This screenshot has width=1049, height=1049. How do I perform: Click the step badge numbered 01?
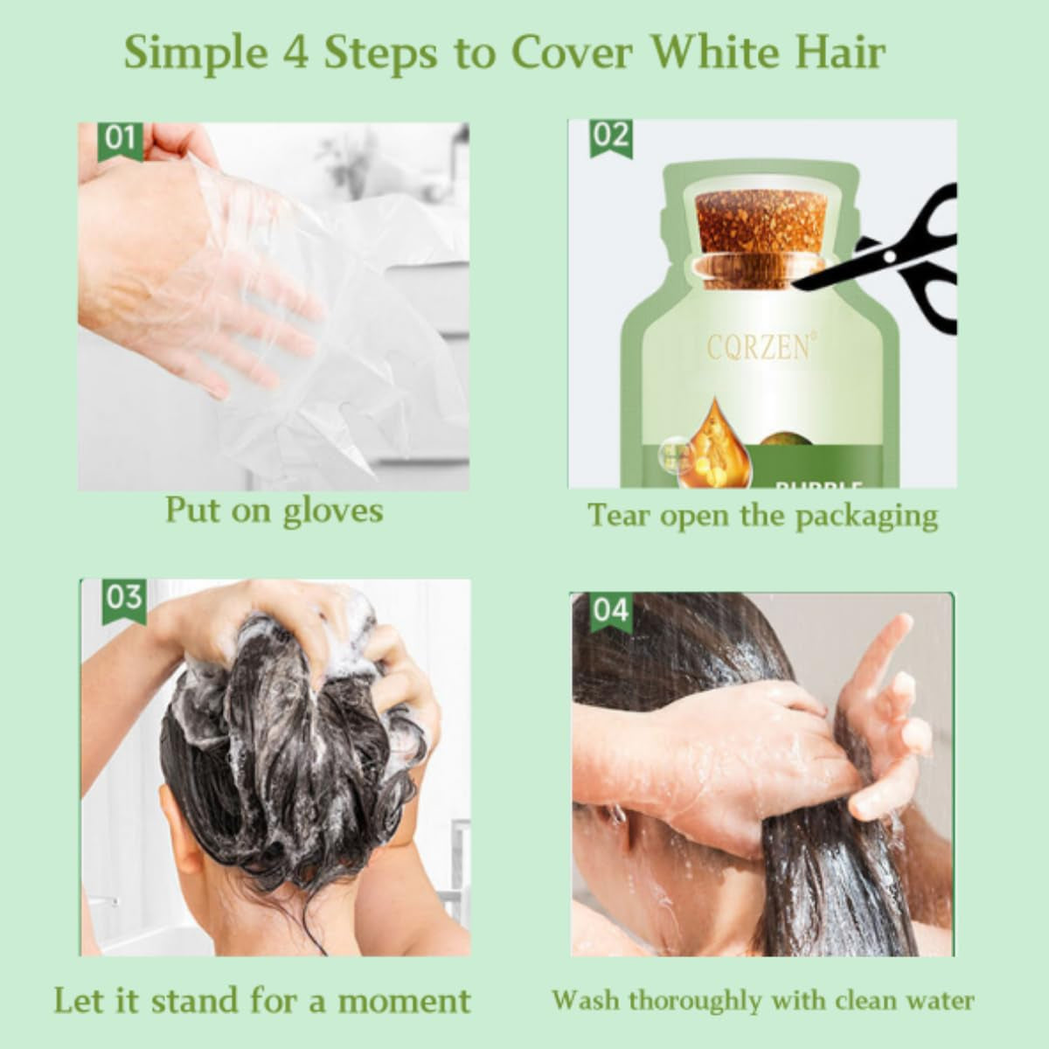click(x=120, y=141)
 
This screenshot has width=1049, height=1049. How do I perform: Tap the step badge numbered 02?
click(x=610, y=138)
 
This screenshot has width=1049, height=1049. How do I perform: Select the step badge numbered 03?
click(x=123, y=599)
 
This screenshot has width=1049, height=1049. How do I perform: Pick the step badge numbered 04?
click(x=610, y=610)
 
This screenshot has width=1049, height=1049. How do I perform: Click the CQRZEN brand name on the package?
click(x=758, y=347)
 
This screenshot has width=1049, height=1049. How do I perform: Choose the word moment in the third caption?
click(x=404, y=1001)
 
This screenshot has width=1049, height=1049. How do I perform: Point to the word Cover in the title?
click(x=571, y=52)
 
